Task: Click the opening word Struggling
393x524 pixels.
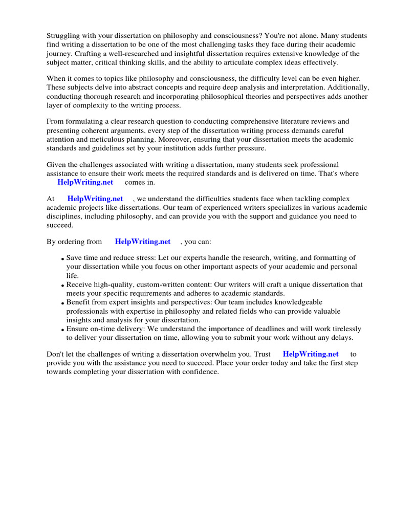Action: [x=63, y=36]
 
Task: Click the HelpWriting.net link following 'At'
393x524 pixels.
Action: [x=95, y=199]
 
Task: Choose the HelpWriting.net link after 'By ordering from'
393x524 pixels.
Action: [x=142, y=242]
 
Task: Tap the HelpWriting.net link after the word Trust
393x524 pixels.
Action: [x=311, y=354]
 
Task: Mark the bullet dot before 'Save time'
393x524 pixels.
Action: [x=62, y=259]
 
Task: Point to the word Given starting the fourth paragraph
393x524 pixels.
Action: [x=57, y=165]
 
